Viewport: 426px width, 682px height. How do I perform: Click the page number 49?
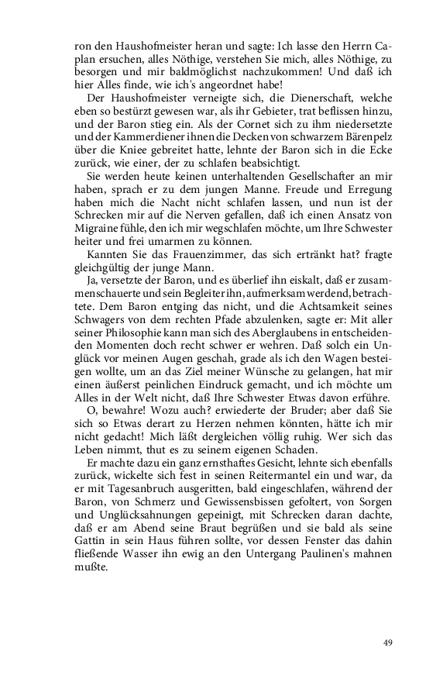click(x=388, y=642)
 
